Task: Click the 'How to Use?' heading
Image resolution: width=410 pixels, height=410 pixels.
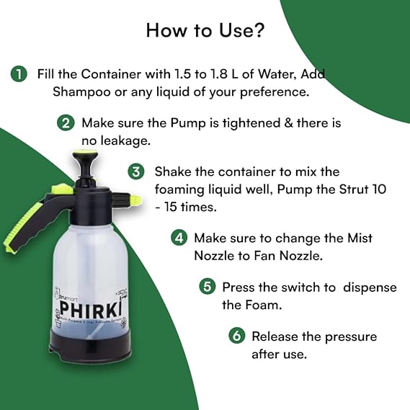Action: [205, 30]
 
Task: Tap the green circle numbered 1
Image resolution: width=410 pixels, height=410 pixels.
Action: [19, 73]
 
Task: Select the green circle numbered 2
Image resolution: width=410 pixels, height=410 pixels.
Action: [66, 122]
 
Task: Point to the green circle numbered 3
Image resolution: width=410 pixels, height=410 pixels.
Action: [137, 171]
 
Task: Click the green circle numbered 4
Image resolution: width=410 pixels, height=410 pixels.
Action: [179, 237]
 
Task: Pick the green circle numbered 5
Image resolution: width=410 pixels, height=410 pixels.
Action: [208, 287]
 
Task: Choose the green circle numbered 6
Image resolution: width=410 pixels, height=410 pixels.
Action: [236, 336]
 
